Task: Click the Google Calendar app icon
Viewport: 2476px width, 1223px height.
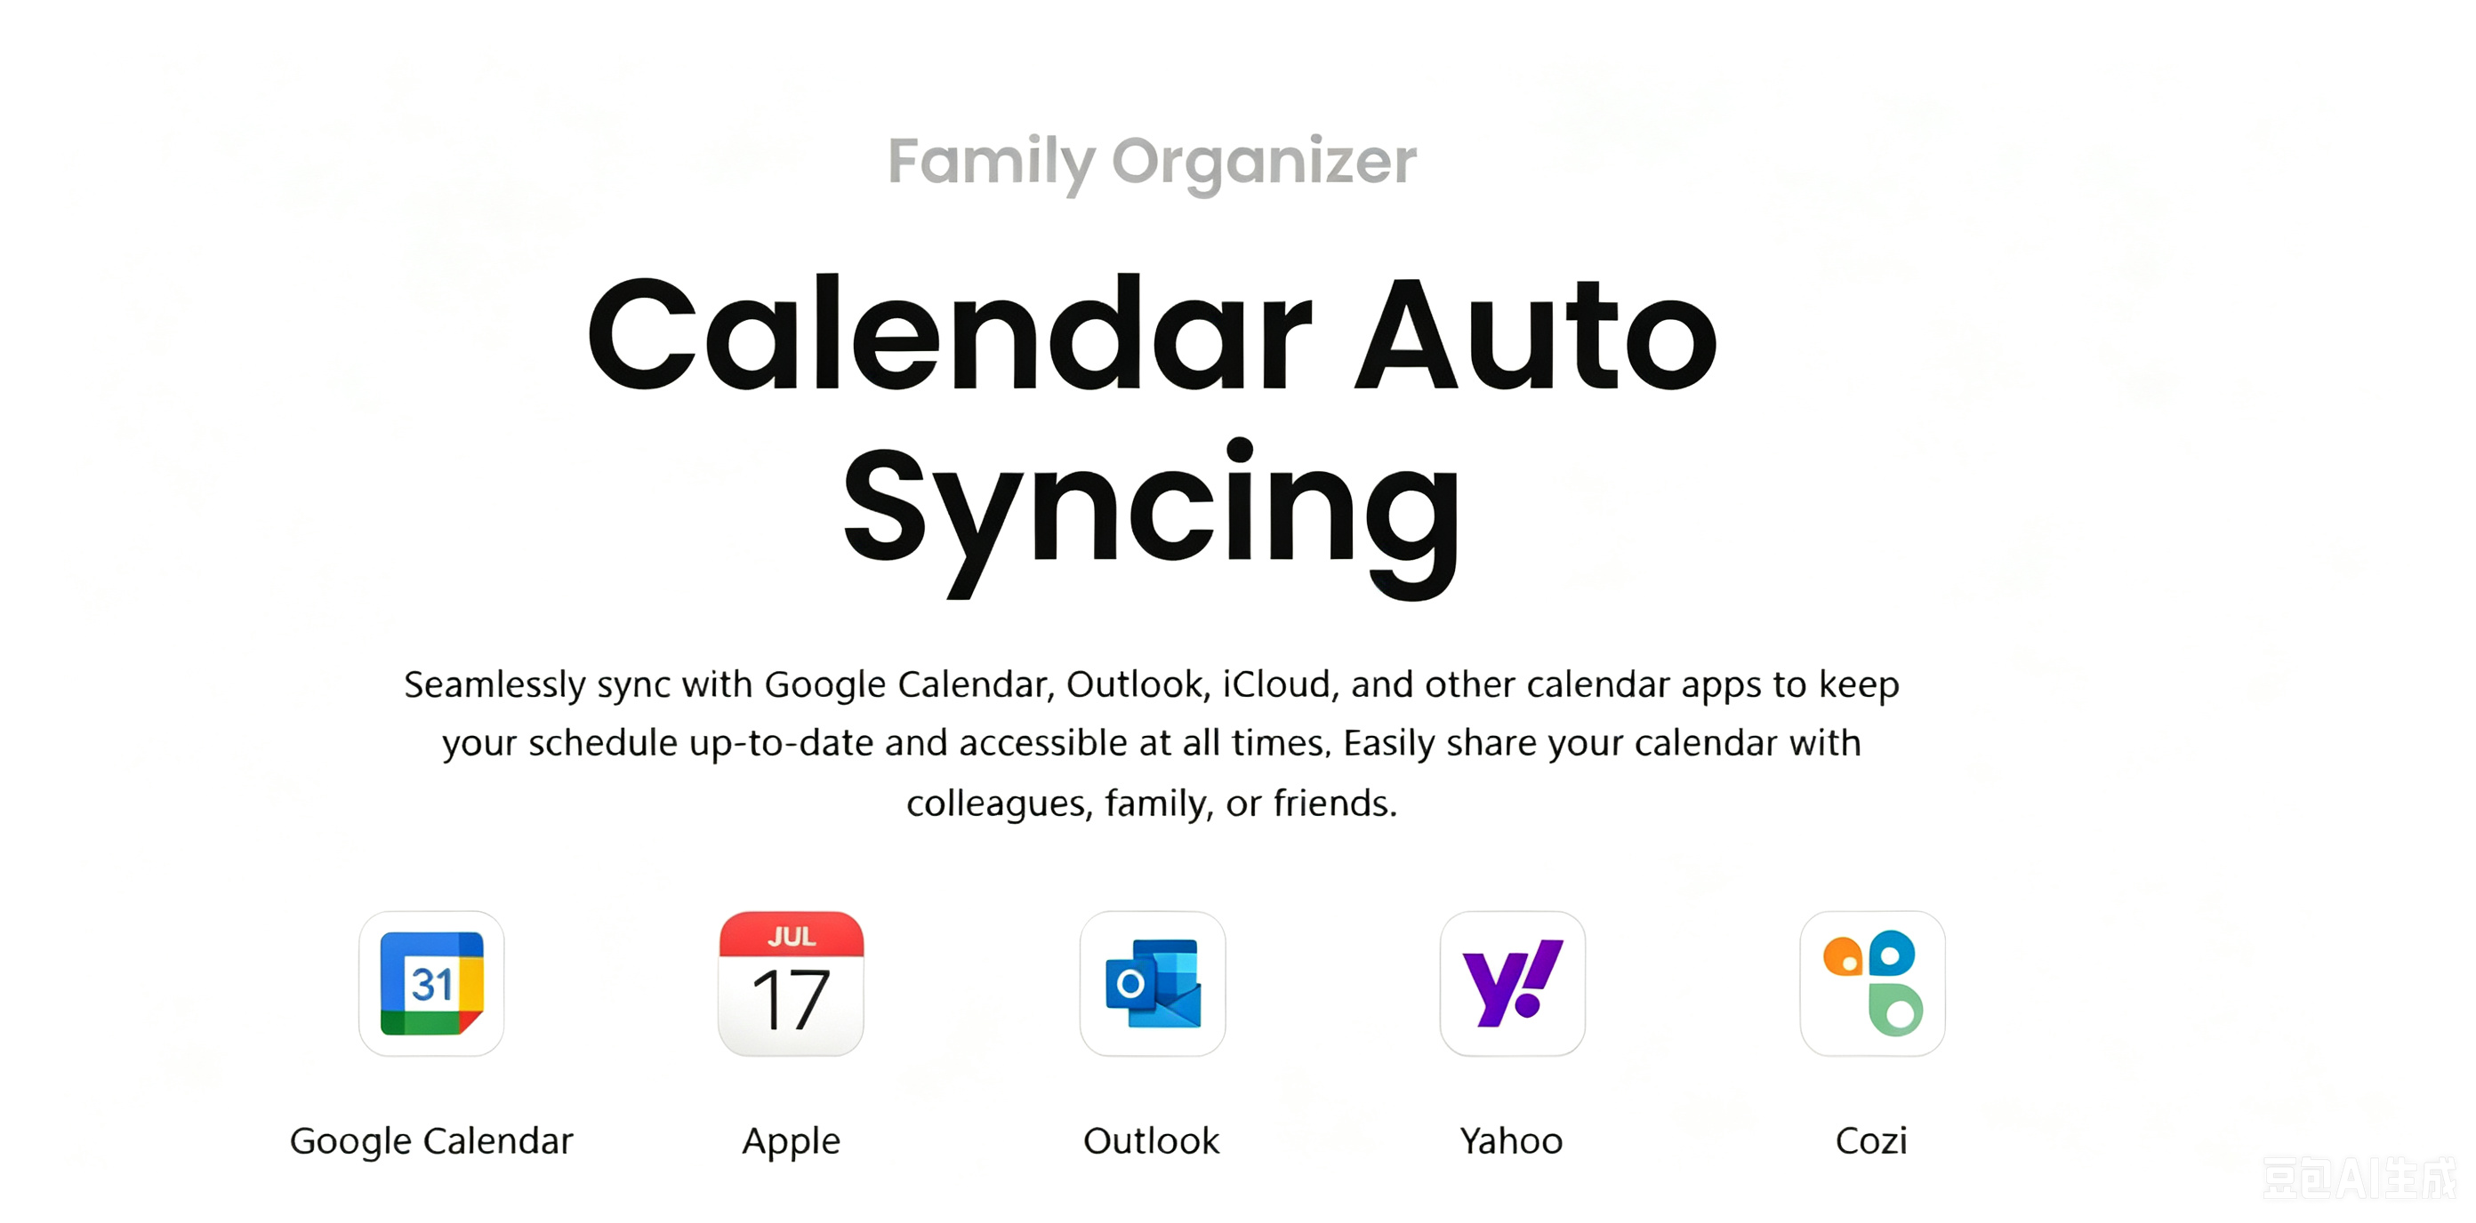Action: pos(431,983)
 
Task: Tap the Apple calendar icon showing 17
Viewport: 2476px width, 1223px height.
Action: pos(791,983)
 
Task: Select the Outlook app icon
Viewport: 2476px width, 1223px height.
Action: pos(1153,983)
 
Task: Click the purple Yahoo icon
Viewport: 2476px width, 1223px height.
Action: pos(1512,983)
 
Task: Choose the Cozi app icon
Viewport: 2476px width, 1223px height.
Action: pos(1872,983)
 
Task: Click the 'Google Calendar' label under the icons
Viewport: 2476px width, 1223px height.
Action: pos(431,1140)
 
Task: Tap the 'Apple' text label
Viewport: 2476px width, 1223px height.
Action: pos(791,1141)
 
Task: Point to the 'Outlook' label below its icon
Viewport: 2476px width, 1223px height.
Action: pos(1152,1140)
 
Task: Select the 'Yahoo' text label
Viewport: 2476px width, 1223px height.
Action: pos(1512,1140)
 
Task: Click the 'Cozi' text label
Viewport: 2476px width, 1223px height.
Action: pos(1871,1140)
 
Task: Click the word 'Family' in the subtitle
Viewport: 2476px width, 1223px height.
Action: pos(991,162)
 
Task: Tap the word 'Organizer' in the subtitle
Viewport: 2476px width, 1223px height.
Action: pos(1264,162)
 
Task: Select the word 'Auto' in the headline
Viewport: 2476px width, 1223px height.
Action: pos(1535,333)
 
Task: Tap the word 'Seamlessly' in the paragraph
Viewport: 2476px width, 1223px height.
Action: pos(495,685)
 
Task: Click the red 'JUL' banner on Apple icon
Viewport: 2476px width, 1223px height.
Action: pos(791,935)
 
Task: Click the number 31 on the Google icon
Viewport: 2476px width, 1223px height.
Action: pos(431,985)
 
